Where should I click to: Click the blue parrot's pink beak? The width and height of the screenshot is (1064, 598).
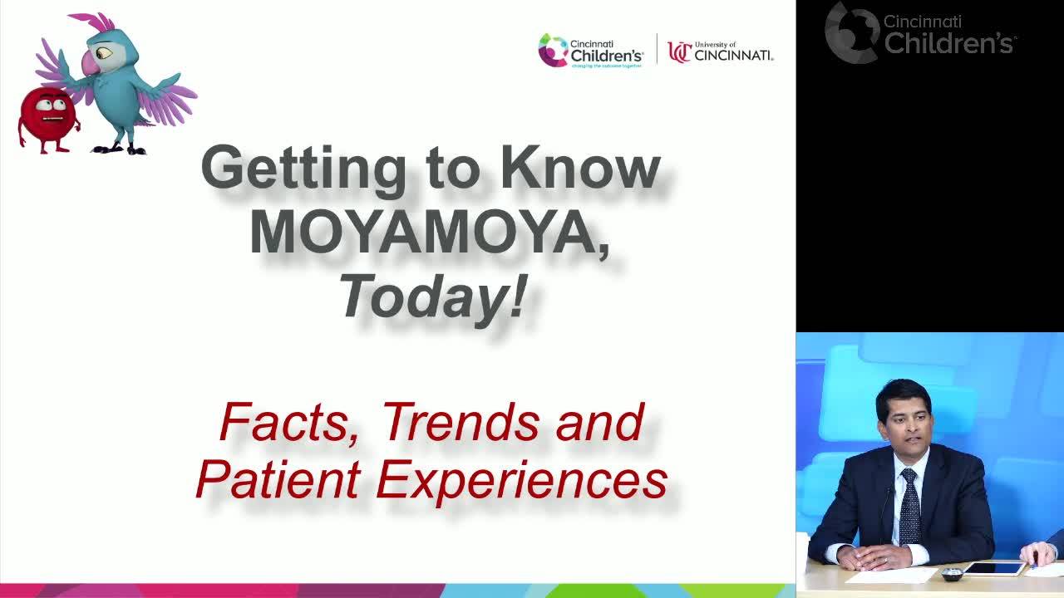pyautogui.click(x=90, y=62)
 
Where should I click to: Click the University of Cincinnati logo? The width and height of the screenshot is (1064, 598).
pyautogui.click(x=720, y=52)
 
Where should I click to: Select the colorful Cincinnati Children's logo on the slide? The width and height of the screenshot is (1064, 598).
pyautogui.click(x=590, y=51)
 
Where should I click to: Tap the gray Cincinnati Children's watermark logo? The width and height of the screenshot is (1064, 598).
pyautogui.click(x=920, y=32)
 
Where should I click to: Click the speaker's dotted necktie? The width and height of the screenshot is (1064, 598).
pyautogui.click(x=910, y=507)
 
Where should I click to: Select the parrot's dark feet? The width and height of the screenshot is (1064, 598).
pyautogui.click(x=119, y=149)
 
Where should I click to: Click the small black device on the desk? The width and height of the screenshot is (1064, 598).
pyautogui.click(x=952, y=574)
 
